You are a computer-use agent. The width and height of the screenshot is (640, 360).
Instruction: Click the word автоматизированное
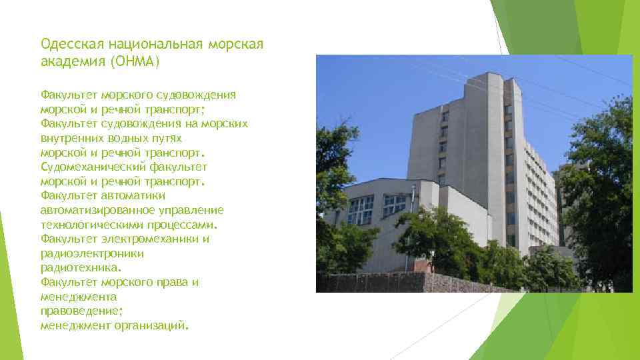[x=97, y=210]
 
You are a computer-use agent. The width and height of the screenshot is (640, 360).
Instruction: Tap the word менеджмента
[x=79, y=297]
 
